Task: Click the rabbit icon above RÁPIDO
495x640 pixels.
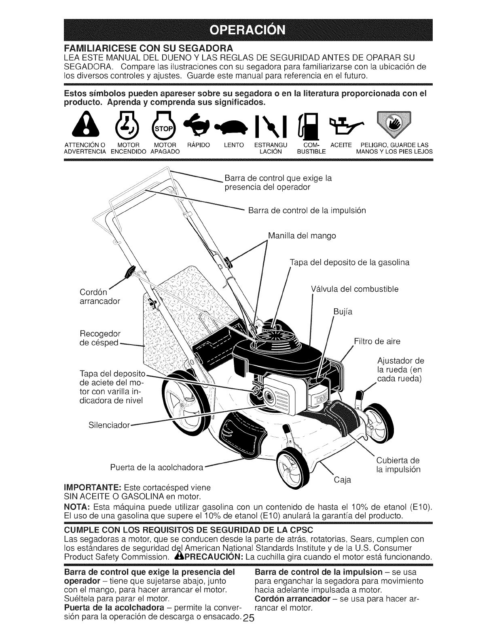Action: click(197, 123)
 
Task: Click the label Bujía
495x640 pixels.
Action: click(343, 312)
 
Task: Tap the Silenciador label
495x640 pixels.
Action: click(109, 425)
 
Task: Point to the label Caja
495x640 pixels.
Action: click(343, 480)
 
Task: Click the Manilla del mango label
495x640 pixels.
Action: click(302, 235)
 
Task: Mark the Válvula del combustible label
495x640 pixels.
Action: click(355, 289)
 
